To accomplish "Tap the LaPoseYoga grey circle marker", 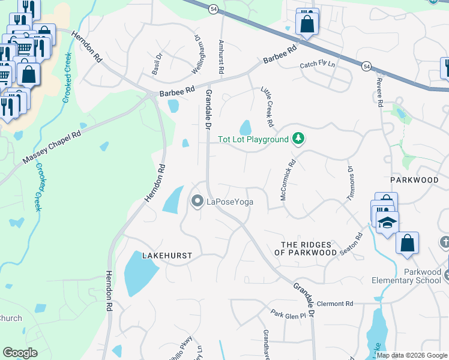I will [197, 202].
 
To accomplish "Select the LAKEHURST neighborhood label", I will [167, 256].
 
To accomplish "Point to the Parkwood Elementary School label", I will [414, 276].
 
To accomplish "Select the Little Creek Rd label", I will [267, 107].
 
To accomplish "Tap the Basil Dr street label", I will [158, 64].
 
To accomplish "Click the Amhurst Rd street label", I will [221, 58].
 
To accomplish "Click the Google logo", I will [20, 352].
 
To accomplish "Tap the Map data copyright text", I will [412, 355].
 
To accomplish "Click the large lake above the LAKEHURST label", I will [173, 199].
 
